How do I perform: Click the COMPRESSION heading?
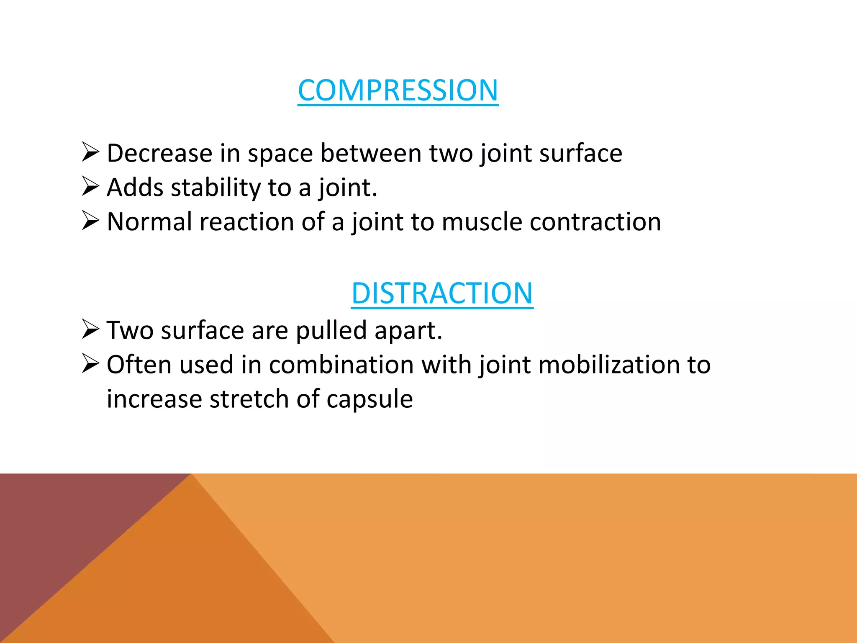click(398, 90)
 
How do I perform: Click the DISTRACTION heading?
click(442, 293)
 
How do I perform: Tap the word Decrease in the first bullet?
click(159, 153)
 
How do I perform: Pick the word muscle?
click(482, 222)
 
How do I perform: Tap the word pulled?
click(331, 331)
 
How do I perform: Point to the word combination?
click(341, 365)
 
